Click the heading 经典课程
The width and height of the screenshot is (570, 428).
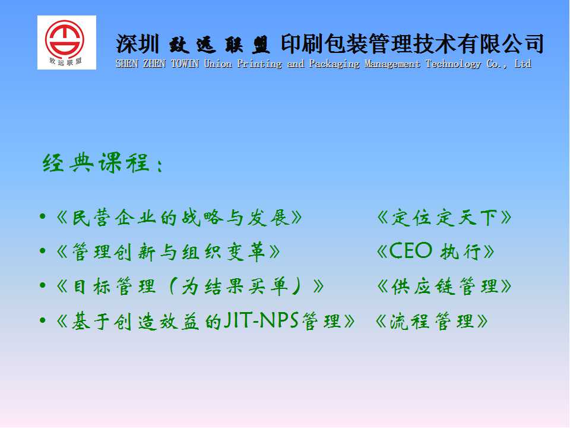pyautogui.click(x=96, y=163)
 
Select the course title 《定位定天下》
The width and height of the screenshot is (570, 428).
pyautogui.click(x=444, y=218)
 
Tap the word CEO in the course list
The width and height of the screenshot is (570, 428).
pyautogui.click(x=410, y=251)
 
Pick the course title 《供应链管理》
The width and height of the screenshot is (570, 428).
pyautogui.click(x=444, y=287)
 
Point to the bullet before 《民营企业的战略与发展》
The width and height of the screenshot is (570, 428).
pyautogui.click(x=43, y=217)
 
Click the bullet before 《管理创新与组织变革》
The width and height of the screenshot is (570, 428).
pyautogui.click(x=43, y=251)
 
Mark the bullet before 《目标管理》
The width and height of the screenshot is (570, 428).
pyautogui.click(x=43, y=285)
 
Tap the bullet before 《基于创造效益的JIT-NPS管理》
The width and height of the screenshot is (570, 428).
pyautogui.click(x=43, y=320)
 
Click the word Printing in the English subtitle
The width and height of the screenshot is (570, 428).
pyautogui.click(x=259, y=64)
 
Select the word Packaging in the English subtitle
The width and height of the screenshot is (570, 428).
pyautogui.click(x=334, y=64)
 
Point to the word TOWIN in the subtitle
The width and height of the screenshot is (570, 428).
pyautogui.click(x=185, y=64)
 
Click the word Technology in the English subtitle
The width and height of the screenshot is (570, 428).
pyautogui.click(x=453, y=64)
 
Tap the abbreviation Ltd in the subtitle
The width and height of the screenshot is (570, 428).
pyautogui.click(x=523, y=64)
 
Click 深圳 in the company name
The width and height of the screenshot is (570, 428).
pyautogui.click(x=137, y=43)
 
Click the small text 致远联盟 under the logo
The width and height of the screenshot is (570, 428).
pyautogui.click(x=65, y=61)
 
